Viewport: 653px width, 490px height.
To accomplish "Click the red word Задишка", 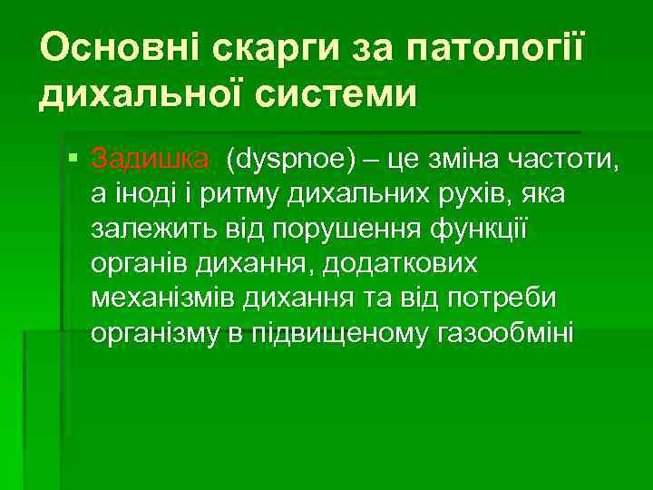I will (x=150, y=162).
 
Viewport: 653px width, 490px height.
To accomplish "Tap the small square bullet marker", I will (x=73, y=162).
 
